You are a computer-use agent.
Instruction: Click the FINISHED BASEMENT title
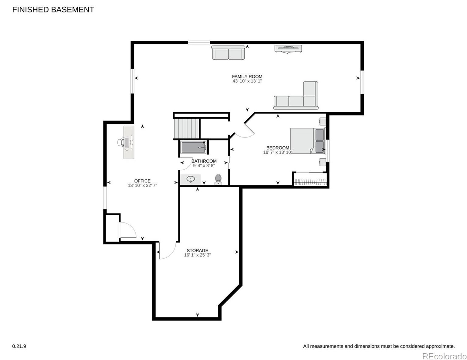pos(53,10)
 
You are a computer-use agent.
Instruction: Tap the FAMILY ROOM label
pos(247,76)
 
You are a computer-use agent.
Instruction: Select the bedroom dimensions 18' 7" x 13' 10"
pos(278,152)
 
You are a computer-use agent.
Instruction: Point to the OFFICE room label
pos(142,181)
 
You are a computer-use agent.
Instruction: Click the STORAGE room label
pos(197,250)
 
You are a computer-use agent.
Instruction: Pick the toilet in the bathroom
pos(218,179)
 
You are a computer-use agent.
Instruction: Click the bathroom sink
pos(191,179)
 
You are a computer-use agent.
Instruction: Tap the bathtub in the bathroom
pos(194,148)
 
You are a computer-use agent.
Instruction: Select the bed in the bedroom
pos(308,141)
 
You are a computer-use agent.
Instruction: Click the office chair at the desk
pos(121,142)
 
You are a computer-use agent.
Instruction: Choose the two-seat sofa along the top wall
pos(228,53)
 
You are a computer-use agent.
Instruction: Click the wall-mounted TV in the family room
pos(288,49)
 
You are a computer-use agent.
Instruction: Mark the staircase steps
pos(186,128)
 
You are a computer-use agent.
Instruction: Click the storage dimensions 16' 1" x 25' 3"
pos(197,255)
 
